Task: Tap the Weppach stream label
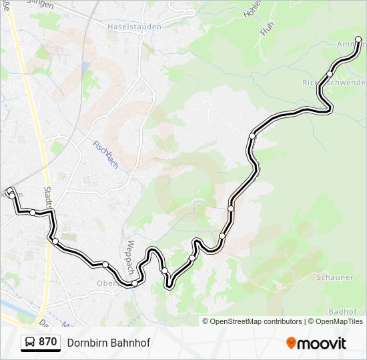[131, 257]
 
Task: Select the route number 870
[47, 342]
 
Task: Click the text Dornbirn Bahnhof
[109, 343]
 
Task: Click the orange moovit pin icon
[291, 343]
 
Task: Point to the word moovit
[322, 343]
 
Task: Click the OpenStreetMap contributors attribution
[256, 321]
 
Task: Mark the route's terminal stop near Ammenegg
[358, 40]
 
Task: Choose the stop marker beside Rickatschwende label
[330, 74]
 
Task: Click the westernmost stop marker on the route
[11, 193]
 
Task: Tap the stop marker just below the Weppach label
[135, 283]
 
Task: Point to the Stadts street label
[49, 198]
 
